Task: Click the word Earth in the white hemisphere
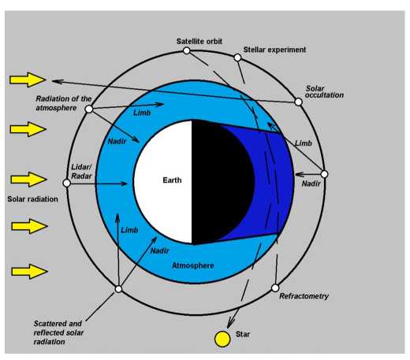(172, 180)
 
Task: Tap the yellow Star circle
(222, 339)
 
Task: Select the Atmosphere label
(193, 265)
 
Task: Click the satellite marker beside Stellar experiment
(237, 58)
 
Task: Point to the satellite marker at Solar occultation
(298, 102)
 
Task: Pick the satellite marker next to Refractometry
(275, 288)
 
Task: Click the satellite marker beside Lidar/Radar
(67, 183)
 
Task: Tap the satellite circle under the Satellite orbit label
(186, 50)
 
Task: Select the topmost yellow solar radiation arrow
(28, 80)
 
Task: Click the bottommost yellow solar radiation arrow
(29, 271)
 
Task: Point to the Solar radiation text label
(32, 199)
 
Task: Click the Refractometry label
(304, 296)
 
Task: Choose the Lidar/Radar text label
(81, 172)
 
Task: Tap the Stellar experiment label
(274, 50)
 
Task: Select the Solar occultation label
(324, 91)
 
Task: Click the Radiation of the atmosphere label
(64, 103)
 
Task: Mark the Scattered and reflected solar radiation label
(58, 332)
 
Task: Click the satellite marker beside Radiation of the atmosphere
(89, 109)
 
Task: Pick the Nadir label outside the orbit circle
(311, 184)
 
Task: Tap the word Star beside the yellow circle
(243, 334)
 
